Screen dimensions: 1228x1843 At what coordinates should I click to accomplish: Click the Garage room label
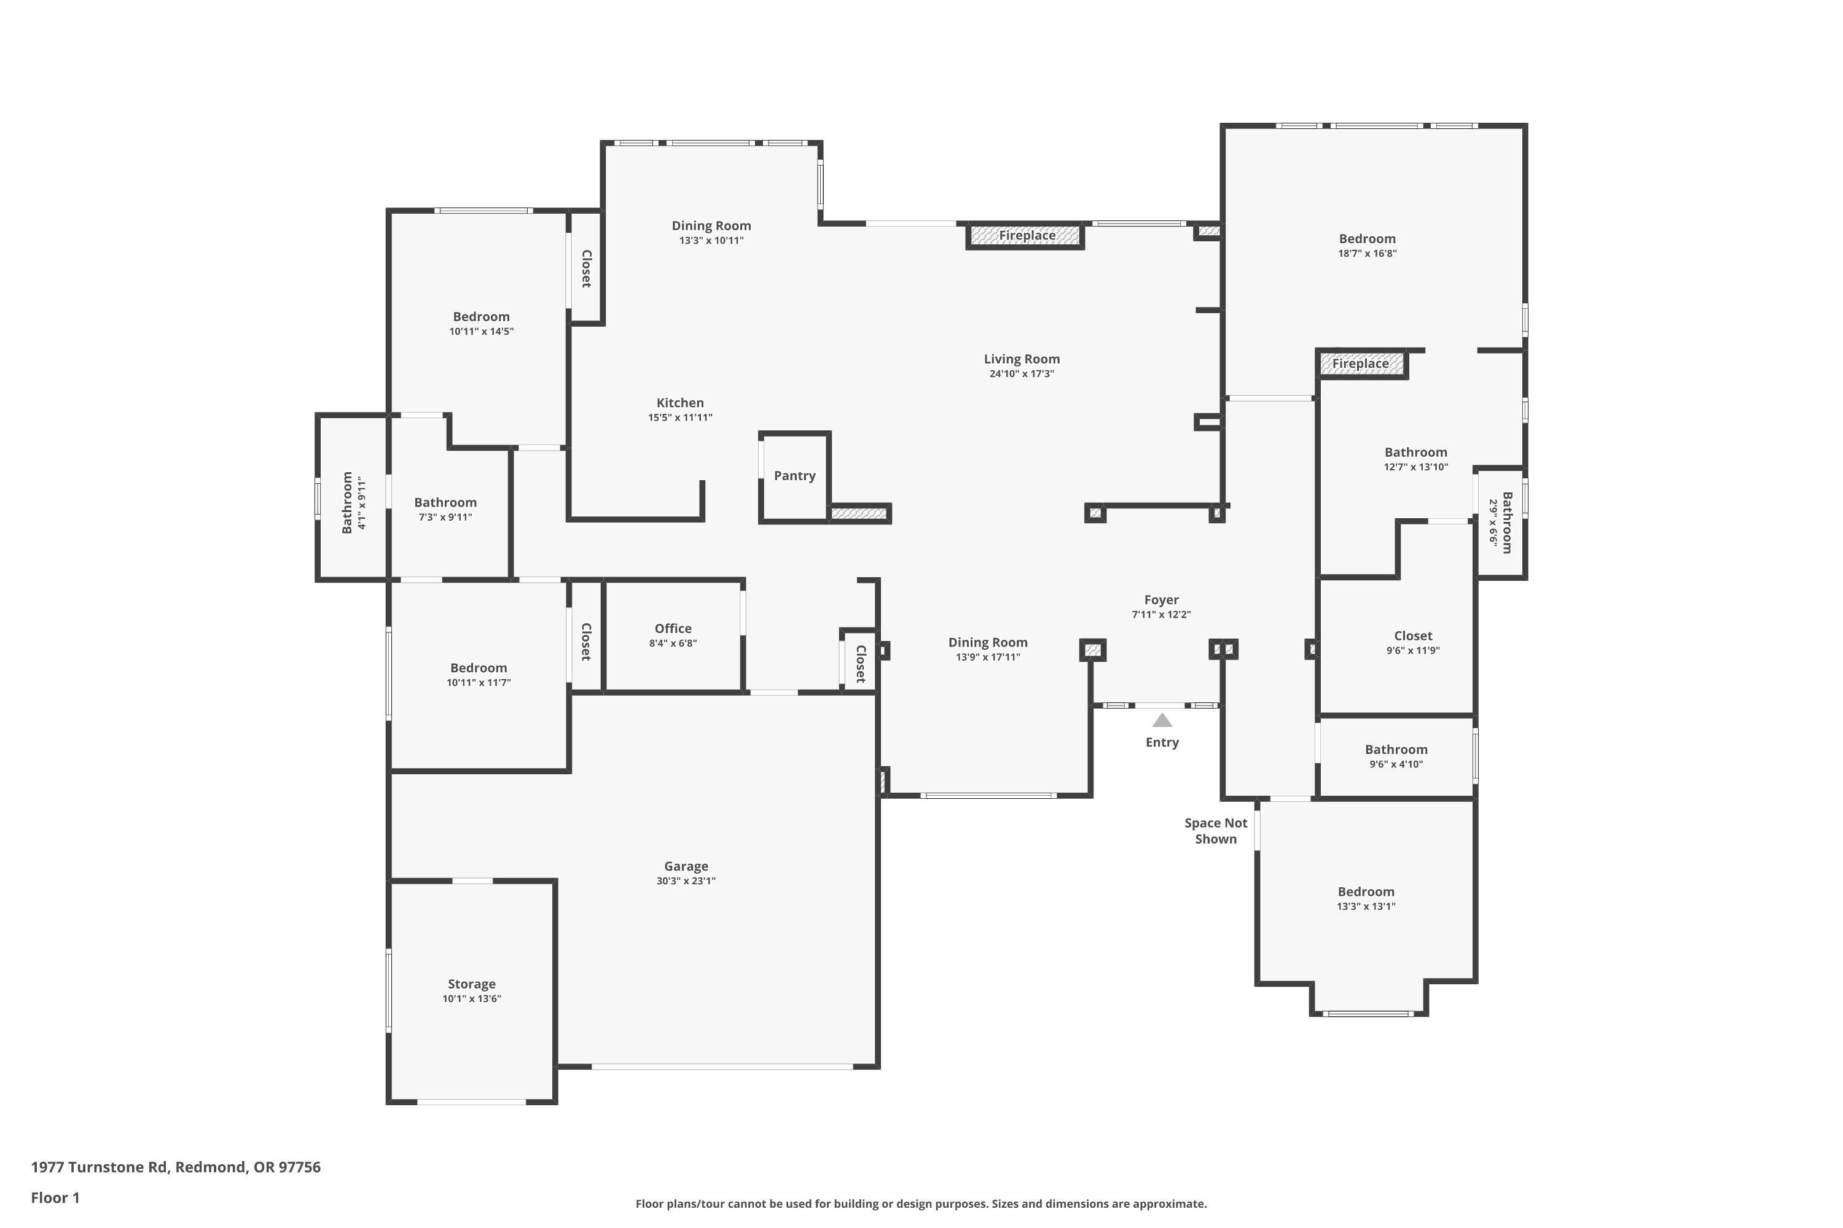coord(686,866)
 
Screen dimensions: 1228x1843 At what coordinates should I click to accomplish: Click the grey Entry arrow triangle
coord(1162,720)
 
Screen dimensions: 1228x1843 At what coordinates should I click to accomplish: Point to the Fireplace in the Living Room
coord(1027,236)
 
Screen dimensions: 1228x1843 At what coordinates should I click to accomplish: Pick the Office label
coord(673,629)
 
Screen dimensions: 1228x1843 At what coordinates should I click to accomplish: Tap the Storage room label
coord(471,984)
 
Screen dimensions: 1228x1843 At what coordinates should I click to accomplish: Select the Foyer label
coord(1160,600)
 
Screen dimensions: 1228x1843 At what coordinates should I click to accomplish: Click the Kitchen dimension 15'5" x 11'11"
coord(679,418)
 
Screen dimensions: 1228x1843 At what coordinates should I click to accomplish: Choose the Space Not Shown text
coord(1215,831)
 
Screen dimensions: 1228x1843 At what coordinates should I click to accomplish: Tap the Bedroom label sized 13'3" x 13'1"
coord(1366,892)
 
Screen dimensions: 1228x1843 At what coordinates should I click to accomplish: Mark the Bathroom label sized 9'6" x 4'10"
coord(1396,750)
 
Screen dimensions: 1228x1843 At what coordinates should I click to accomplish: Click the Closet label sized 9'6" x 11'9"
coord(1413,636)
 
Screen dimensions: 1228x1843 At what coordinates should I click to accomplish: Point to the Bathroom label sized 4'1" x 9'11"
coord(347,503)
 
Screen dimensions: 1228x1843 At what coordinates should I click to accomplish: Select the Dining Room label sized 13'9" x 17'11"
coord(987,643)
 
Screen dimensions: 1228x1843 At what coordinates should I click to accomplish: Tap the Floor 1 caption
coord(55,1197)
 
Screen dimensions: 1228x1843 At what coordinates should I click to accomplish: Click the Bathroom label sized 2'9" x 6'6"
coord(1506,523)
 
